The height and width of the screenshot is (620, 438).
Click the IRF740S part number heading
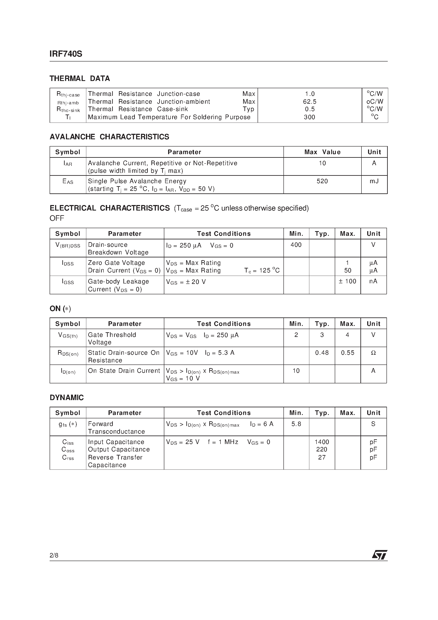click(x=66, y=54)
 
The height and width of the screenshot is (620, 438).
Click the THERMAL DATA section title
click(x=80, y=79)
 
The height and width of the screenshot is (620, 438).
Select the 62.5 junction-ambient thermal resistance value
click(x=310, y=102)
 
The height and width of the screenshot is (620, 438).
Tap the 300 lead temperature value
click(x=310, y=117)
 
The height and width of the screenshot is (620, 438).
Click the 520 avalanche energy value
click(x=322, y=181)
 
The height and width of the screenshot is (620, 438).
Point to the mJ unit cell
click(x=374, y=181)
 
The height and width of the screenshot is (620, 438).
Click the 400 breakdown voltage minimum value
click(x=296, y=245)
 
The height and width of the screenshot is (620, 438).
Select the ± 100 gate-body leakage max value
click(x=347, y=281)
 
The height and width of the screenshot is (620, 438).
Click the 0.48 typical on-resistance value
click(x=322, y=353)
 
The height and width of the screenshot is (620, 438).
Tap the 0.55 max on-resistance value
click(x=347, y=353)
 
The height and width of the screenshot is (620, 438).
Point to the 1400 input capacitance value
click(x=322, y=442)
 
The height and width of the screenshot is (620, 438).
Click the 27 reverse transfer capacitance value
click(x=322, y=457)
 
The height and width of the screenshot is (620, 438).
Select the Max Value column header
click(x=322, y=152)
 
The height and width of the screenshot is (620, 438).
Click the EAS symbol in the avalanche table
click(x=68, y=182)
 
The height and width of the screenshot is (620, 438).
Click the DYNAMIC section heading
click(x=67, y=398)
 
